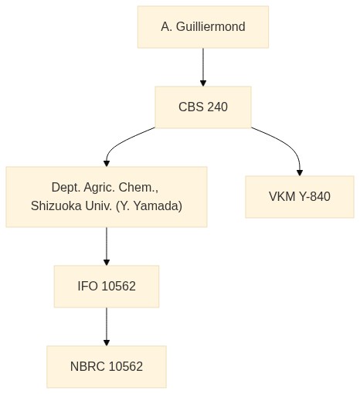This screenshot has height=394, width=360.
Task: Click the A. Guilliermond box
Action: [x=203, y=27]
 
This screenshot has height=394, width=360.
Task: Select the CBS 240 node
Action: [x=203, y=107]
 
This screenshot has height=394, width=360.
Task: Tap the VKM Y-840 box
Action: [x=300, y=197]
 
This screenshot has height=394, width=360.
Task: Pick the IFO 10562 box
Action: [x=107, y=287]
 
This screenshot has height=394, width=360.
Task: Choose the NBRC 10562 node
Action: [x=107, y=367]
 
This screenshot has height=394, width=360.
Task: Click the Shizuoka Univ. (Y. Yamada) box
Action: [x=107, y=197]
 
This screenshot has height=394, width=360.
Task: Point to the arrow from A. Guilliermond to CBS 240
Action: [x=203, y=67]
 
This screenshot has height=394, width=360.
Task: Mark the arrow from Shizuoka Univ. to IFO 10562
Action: [x=107, y=246]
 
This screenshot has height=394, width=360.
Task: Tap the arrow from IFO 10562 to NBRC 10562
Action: [x=107, y=327]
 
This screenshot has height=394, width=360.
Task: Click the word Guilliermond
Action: [x=211, y=27]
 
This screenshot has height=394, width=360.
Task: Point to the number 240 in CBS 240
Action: [x=218, y=107]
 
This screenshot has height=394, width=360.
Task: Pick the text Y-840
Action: [x=314, y=196]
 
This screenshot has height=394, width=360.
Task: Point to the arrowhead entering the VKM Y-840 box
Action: [x=300, y=173]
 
